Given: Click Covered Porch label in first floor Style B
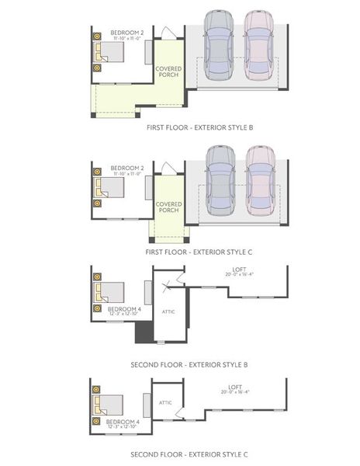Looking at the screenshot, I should [x=168, y=71].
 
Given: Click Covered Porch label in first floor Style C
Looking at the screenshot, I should [x=168, y=207].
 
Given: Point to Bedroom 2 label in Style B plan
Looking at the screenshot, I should [x=126, y=34].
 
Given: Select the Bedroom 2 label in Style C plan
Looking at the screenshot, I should [x=126, y=169].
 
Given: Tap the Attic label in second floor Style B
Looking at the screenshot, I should [x=168, y=311].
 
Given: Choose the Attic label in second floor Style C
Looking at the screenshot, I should [x=165, y=402].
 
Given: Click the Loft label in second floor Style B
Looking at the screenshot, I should [x=234, y=270].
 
